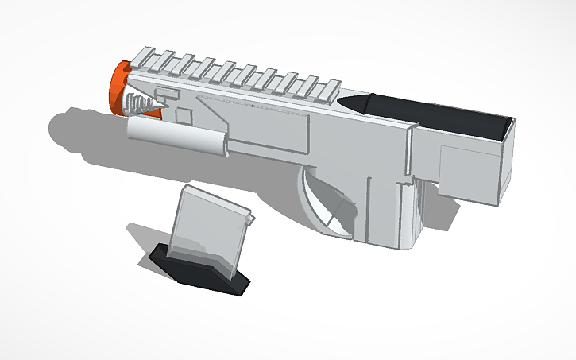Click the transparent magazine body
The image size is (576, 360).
(208, 226)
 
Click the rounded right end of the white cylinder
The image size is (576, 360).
(225, 145)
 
